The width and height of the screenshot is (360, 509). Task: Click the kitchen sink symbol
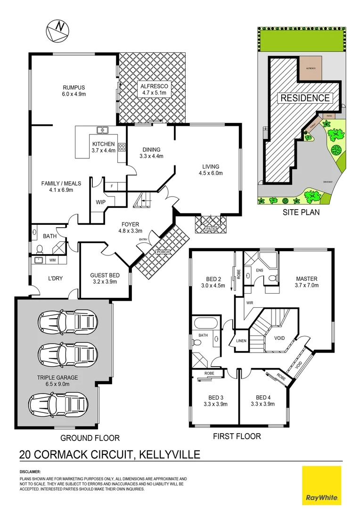tap(102, 130)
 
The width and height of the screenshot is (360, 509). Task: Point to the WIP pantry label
tap(100, 202)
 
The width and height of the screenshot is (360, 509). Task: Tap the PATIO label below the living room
tap(211, 229)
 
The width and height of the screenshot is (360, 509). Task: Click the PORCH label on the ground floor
tap(163, 252)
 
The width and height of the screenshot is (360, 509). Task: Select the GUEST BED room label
tap(105, 278)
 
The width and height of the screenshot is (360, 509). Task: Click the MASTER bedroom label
tap(306, 282)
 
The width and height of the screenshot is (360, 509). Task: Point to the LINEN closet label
tap(241, 341)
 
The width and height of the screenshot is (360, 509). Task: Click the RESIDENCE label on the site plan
tap(304, 98)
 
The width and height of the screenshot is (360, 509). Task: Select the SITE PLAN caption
tap(301, 212)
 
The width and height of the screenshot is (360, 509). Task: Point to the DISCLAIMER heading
tap(30, 472)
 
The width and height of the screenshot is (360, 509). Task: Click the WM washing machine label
tap(52, 260)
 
